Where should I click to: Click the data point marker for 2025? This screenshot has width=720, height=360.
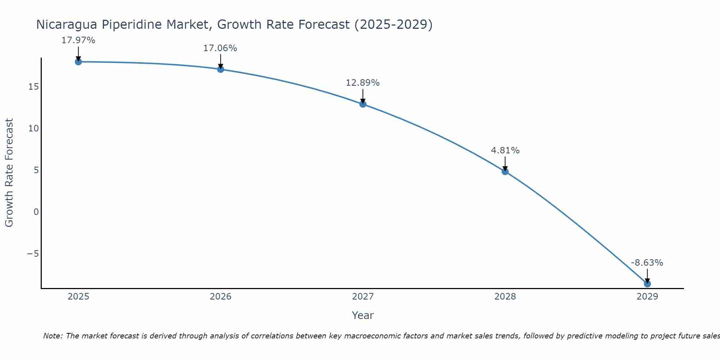tap(78, 62)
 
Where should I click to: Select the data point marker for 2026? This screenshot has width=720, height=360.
tap(221, 69)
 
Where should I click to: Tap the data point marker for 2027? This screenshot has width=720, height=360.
tap(363, 104)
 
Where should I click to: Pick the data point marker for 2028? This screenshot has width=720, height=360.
tap(505, 171)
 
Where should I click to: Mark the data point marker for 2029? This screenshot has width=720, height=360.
tap(647, 284)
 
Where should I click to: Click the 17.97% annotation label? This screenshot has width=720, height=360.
tap(78, 40)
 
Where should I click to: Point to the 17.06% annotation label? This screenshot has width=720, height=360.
tap(220, 48)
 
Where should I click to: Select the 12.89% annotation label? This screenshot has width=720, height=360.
tap(363, 83)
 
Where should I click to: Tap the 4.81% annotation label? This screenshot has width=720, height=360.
tap(505, 150)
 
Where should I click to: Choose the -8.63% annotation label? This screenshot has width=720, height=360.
tap(647, 263)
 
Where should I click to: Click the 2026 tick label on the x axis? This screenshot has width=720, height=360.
tap(221, 297)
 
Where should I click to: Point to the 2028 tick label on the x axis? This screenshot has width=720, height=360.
tap(505, 297)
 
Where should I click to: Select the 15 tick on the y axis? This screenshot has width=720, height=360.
tap(34, 87)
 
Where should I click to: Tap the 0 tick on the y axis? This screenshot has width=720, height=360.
tap(36, 212)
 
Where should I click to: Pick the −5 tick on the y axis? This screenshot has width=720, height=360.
tap(33, 254)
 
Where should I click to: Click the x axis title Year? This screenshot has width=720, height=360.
tap(363, 315)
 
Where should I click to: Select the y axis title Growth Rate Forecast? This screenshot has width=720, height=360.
tap(9, 172)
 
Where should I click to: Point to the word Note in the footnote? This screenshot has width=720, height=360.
tap(53, 336)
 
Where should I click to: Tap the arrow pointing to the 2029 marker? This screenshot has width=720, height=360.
tap(647, 276)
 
